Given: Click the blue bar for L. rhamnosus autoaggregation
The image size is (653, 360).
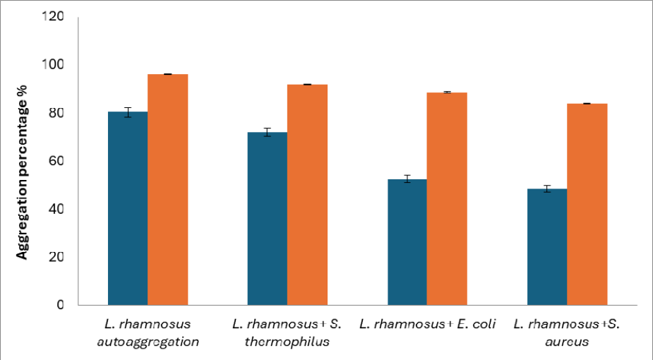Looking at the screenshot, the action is pos(128,208).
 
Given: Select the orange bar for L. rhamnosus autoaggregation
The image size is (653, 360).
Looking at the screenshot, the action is pos(168,189).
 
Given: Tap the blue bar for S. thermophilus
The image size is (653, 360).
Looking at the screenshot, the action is pos(268,219).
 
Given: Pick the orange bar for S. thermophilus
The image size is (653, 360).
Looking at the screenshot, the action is pos(307,195).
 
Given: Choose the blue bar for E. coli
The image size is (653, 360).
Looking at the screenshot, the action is pos(407,242).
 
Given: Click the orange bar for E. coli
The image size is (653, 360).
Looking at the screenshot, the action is pos(447,199).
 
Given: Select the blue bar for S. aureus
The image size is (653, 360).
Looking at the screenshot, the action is pos(547,247).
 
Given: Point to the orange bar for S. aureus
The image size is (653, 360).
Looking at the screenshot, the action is pos(587,204).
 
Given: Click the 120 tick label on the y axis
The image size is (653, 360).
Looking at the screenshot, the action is pos(52,16).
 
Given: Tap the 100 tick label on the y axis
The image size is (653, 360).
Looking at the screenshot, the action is pos(52,64).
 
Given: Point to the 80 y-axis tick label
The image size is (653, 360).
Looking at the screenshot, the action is pos(56,113).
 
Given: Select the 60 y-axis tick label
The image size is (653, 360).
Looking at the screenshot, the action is pos(56,161).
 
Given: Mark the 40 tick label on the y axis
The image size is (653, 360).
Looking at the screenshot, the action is pos(56,209).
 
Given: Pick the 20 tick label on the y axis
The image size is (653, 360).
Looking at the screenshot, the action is pos(56,257).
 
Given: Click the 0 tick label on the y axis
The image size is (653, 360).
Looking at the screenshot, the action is pos(61,305).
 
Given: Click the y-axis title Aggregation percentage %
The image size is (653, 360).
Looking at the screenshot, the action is pos(22,172).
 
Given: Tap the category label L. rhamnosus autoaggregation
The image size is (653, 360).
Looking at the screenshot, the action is pos(148,332).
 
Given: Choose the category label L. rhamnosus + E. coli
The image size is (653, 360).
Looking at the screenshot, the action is pos(427,324).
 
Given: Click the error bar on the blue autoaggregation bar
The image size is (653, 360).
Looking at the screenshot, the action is pos(128,112).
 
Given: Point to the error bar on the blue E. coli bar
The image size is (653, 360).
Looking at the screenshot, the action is pos(407,179).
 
